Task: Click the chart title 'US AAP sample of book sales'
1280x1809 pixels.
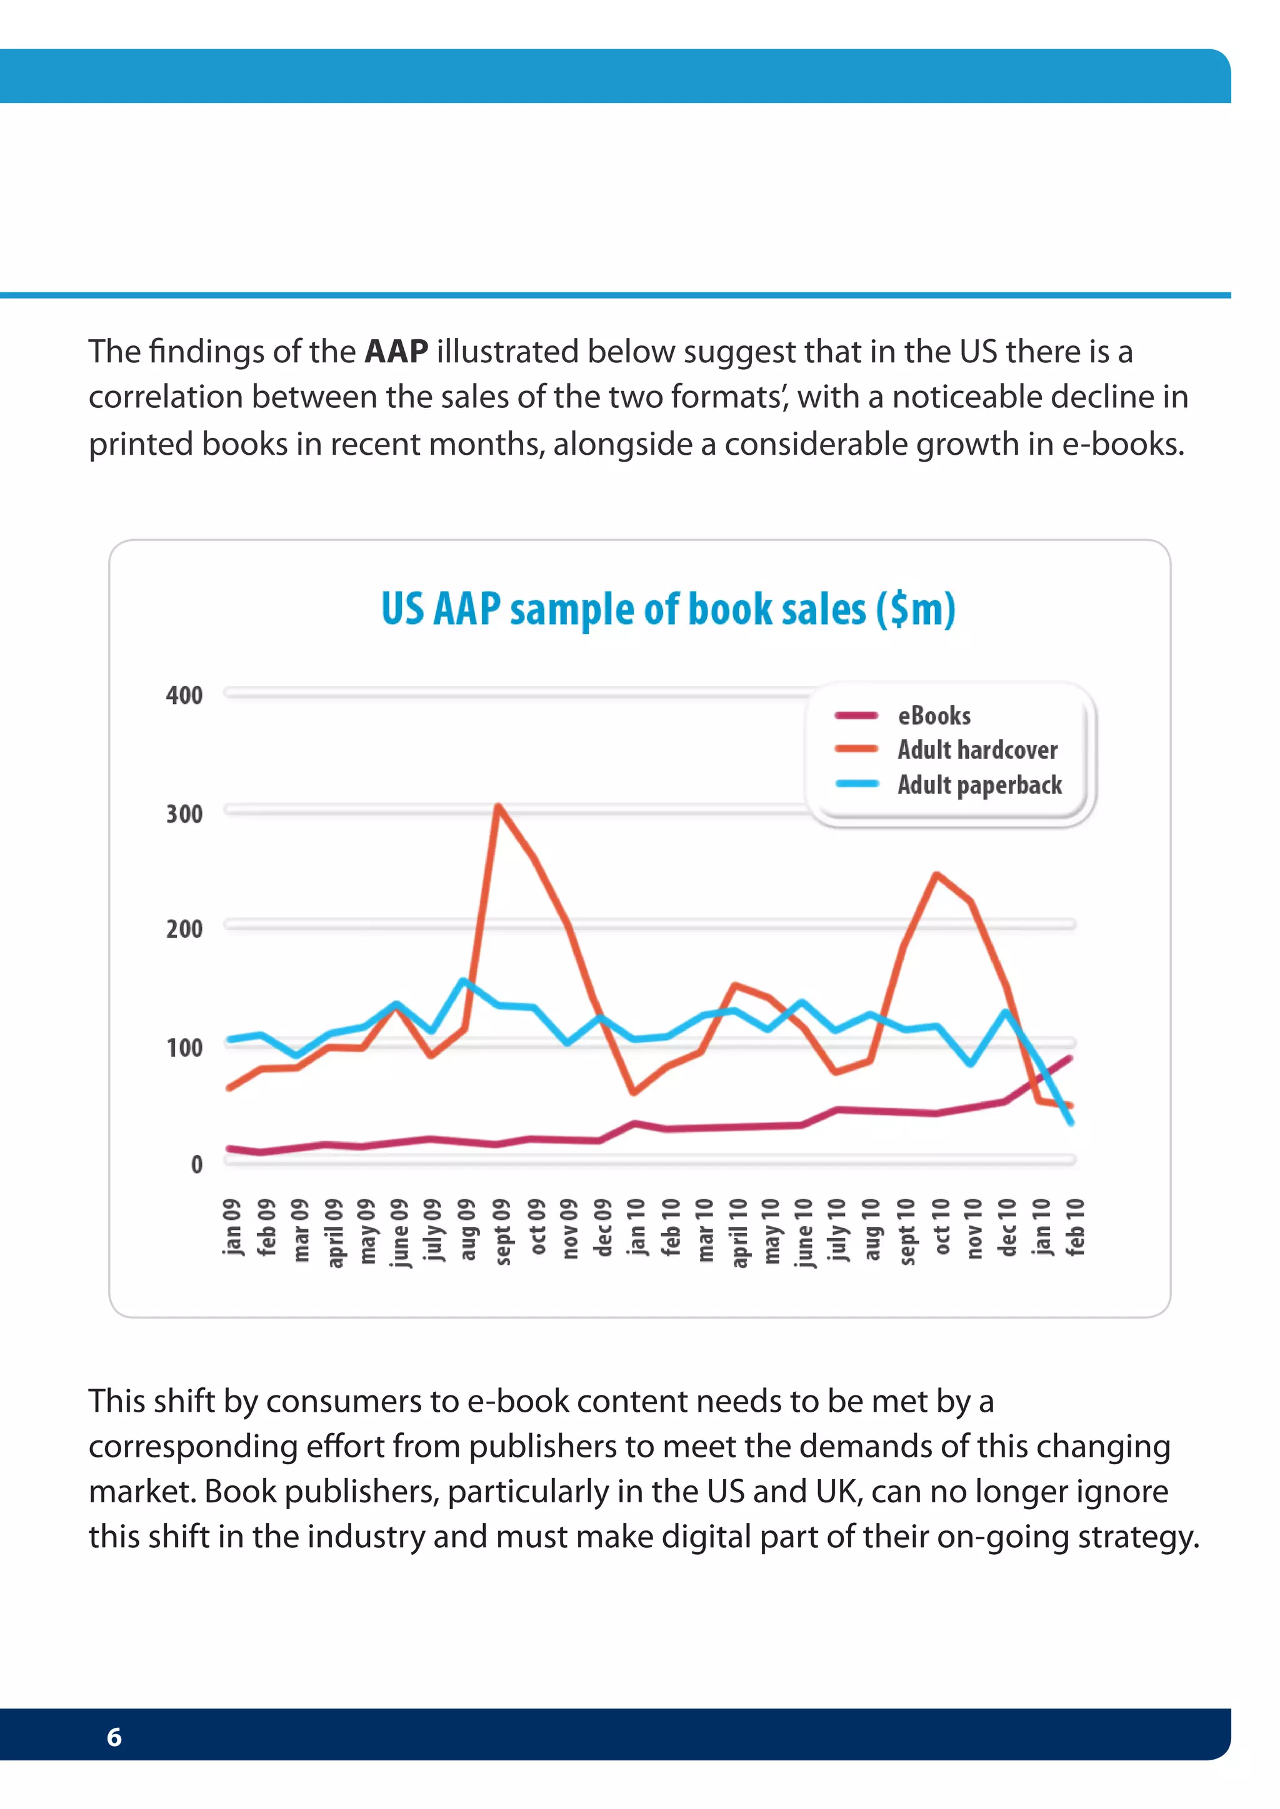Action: click(668, 609)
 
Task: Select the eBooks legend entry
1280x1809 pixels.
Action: click(934, 715)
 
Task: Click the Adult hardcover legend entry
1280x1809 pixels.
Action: click(977, 750)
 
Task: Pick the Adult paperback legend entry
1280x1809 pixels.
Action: click(980, 785)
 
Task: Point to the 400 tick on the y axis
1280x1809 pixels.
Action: click(184, 695)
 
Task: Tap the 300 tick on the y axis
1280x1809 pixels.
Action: click(184, 813)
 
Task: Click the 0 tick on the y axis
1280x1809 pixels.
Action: click(196, 1164)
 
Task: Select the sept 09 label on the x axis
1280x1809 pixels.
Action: click(502, 1231)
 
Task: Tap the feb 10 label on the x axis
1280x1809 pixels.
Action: click(1075, 1226)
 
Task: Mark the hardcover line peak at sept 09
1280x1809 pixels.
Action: click(498, 806)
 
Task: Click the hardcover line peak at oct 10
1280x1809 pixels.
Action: click(936, 875)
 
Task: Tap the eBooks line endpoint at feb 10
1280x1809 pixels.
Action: click(1069, 1059)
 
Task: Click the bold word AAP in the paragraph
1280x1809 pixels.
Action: click(396, 352)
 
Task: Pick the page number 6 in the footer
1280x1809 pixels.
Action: click(114, 1737)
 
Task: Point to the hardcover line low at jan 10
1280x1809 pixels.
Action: click(634, 1092)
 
